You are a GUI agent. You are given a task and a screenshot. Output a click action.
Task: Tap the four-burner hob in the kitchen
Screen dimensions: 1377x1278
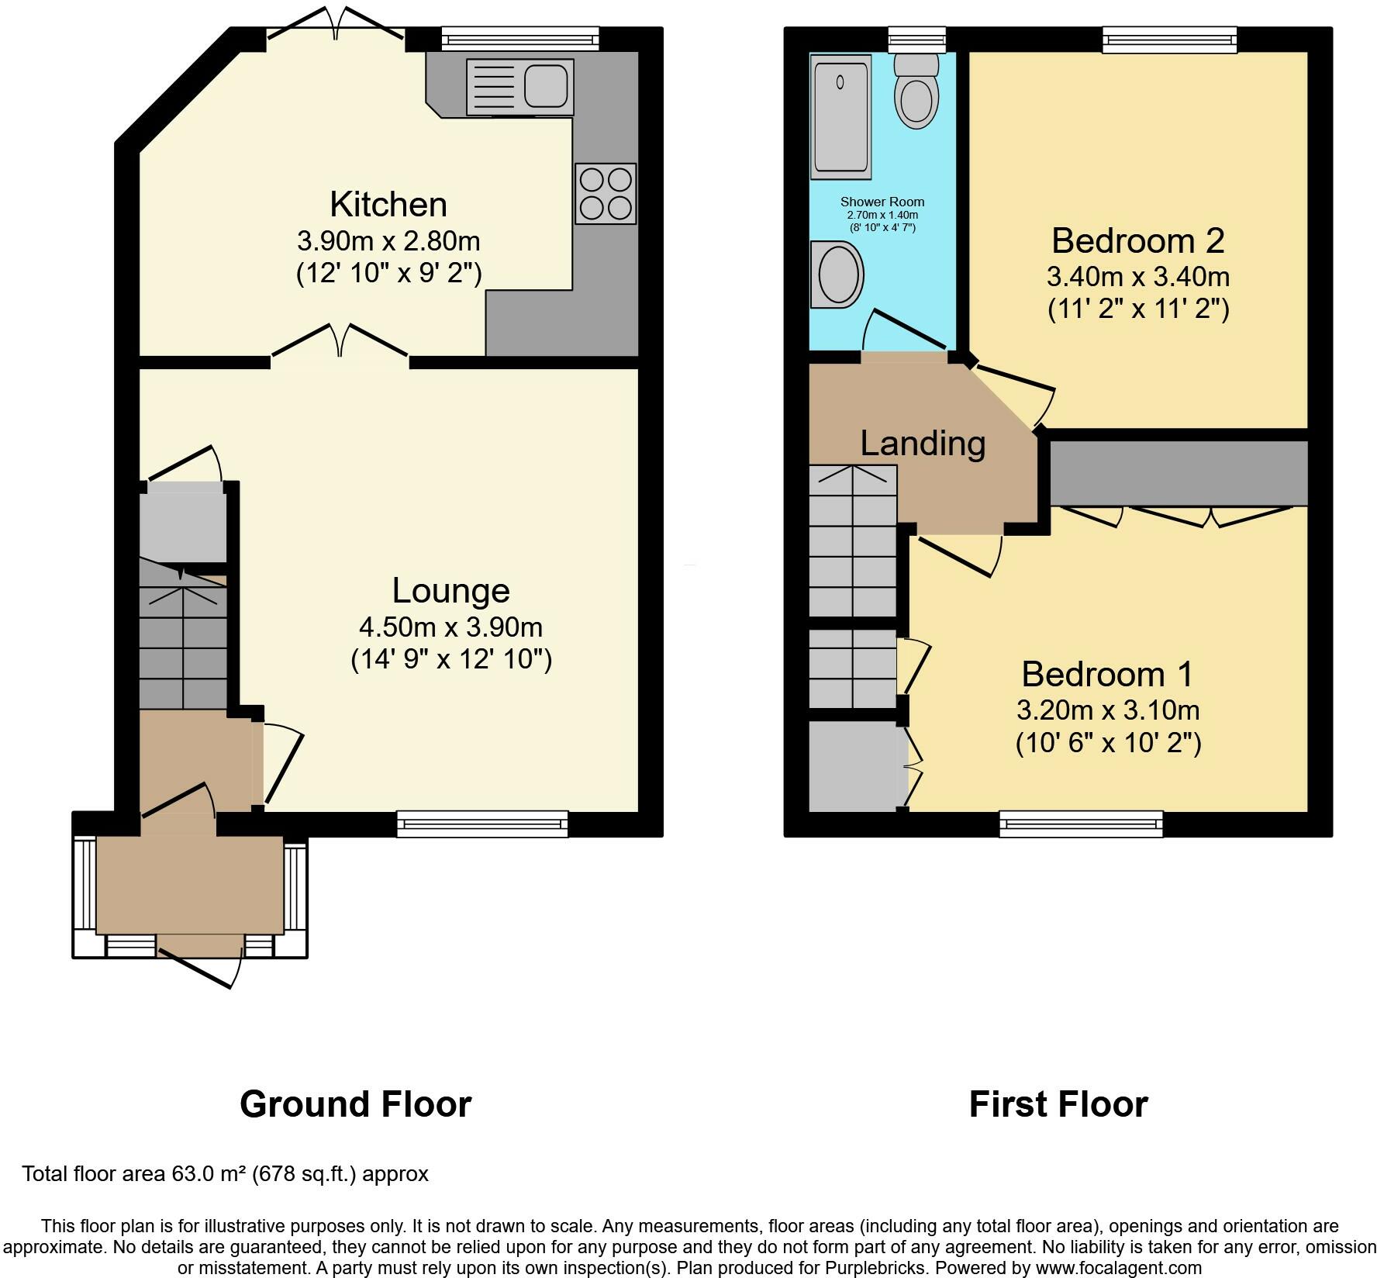point(606,194)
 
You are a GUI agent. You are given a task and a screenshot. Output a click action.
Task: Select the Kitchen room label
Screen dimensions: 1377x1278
point(388,205)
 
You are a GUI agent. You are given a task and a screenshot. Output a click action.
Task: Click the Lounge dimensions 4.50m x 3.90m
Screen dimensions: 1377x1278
point(450,627)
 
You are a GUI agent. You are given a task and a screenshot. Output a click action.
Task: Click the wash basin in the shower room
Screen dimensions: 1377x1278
point(837,275)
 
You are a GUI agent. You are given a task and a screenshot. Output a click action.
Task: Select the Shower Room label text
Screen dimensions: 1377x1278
point(882,202)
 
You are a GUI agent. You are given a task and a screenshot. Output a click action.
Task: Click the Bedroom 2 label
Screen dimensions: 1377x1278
point(1137,240)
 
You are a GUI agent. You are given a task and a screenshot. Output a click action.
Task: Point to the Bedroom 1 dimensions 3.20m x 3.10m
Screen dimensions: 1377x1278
point(1108,710)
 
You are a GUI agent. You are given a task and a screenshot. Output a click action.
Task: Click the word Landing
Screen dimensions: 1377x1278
point(923,443)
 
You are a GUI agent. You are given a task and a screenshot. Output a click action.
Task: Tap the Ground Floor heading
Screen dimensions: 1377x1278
point(355,1104)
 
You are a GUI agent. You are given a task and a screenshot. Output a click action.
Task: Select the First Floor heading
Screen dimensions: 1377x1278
point(1058,1104)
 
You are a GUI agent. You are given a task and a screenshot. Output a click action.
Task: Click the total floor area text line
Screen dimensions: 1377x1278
point(225,1174)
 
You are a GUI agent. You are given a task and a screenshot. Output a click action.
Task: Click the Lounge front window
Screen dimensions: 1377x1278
point(482,824)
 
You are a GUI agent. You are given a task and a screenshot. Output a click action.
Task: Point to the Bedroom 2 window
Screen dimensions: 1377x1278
point(1170,40)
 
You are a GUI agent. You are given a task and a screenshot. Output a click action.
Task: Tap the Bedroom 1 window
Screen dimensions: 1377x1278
point(1081,824)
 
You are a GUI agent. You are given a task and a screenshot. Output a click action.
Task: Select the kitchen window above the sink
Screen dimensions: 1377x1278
point(520,40)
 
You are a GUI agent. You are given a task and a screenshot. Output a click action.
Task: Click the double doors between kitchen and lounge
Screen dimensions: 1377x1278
point(340,344)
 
